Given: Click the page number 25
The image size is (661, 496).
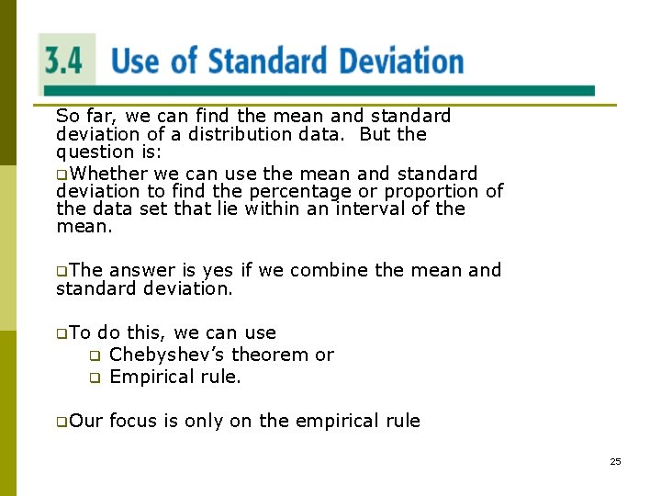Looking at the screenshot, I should pos(615,461).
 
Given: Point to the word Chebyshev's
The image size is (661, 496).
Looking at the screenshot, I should pos(169,355).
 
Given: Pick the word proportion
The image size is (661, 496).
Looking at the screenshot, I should pos(431,191).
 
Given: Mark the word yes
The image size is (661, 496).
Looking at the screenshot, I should pos(218,270).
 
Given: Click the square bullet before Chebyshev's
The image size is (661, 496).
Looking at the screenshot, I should pos(94,355).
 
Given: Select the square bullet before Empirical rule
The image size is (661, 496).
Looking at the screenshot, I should pos(94,378).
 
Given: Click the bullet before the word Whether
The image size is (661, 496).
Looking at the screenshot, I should pos(62,175).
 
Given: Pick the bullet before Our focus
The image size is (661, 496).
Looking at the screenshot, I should pos(62,422).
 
